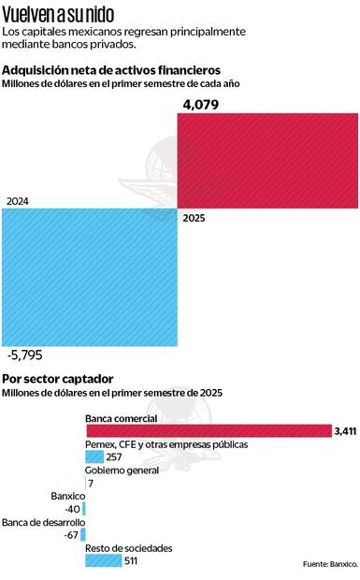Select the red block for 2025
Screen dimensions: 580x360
tap(267, 161)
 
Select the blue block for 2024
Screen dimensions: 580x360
tap(90, 277)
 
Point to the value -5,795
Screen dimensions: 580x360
tap(24, 355)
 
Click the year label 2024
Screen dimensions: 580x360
tap(18, 201)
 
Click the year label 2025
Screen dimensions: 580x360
tap(194, 218)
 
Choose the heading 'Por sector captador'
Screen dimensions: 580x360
tap(57, 378)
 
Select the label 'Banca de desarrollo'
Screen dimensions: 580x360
tap(43, 522)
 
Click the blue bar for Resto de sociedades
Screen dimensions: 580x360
tap(104, 560)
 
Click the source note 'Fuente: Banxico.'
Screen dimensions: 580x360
tap(330, 564)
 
